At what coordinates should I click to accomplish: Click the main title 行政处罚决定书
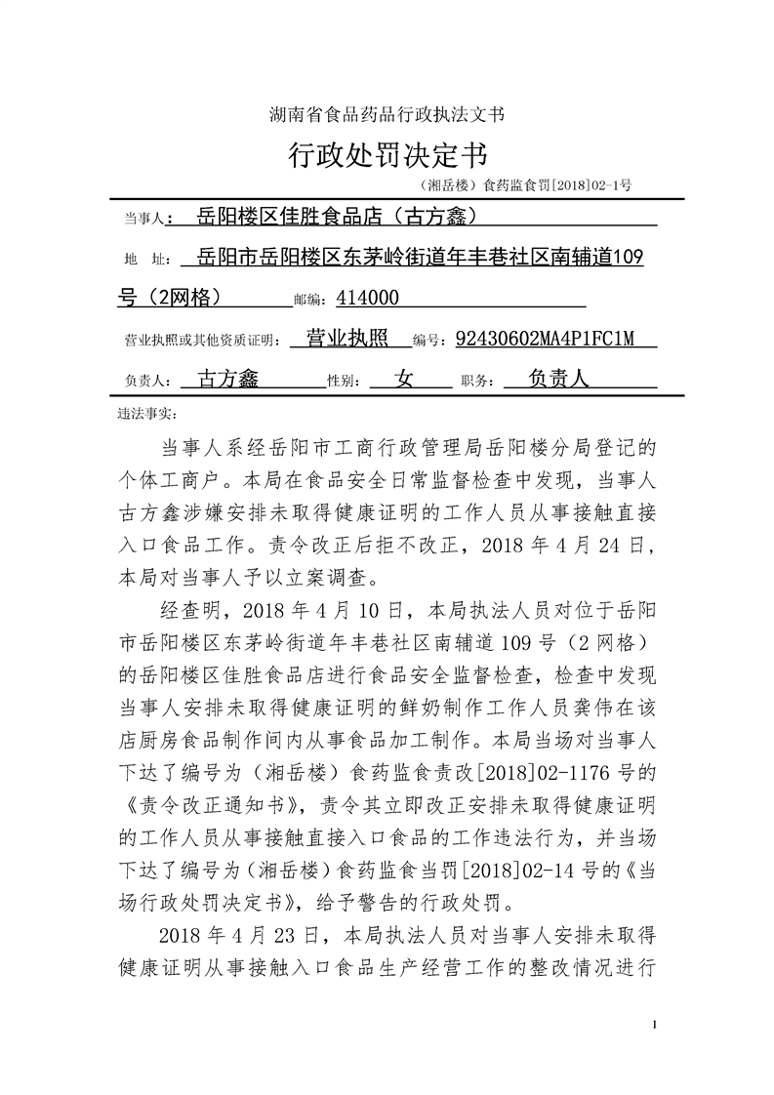387,154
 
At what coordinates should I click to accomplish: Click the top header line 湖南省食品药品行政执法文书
387,114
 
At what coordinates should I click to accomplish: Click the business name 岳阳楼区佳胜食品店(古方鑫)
336,215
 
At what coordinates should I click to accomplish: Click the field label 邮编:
311,300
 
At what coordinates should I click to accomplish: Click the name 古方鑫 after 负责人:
228,380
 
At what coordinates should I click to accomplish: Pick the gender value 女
404,380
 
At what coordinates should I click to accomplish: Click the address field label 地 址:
144,260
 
